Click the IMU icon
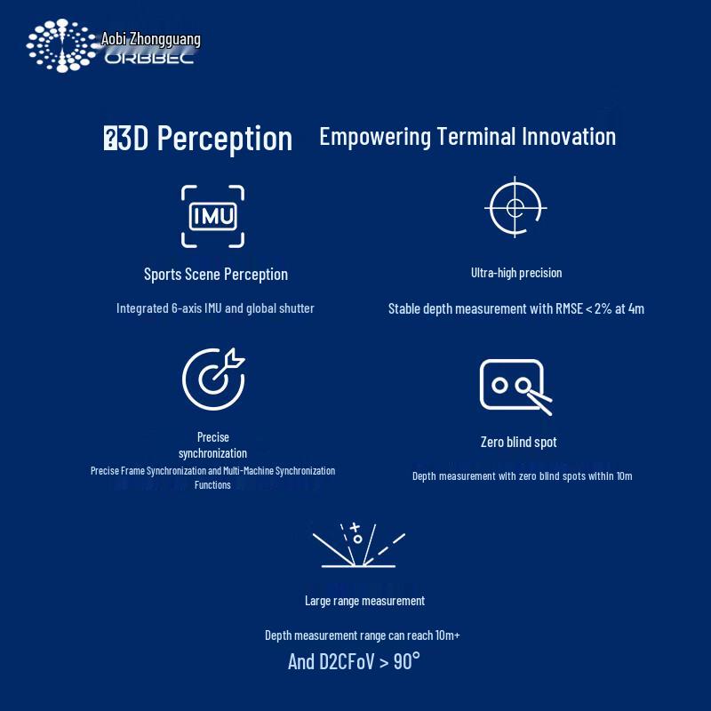[x=212, y=216]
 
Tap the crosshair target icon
[x=515, y=208]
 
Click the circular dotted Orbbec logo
[x=60, y=45]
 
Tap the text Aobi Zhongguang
[x=151, y=39]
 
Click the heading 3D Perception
[x=199, y=139]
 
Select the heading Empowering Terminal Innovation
[x=467, y=136]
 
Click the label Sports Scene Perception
[x=216, y=274]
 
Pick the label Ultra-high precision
[x=516, y=273]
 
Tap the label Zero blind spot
[x=518, y=442]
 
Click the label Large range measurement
[x=364, y=601]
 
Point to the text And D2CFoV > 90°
[x=354, y=661]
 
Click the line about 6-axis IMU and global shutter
[x=215, y=308]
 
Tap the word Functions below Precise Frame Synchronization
[x=212, y=485]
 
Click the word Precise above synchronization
[x=213, y=436]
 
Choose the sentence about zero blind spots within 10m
[x=522, y=476]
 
